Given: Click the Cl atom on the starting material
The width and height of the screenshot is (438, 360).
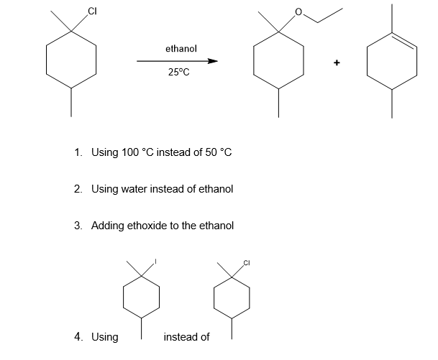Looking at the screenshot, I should tap(91, 10).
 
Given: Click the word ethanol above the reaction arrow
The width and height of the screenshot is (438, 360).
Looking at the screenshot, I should tap(181, 49).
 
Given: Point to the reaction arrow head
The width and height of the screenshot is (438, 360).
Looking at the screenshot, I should tap(212, 61).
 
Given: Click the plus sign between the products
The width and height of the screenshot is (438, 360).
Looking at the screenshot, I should tap(336, 63).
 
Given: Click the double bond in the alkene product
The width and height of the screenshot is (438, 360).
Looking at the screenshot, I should tap(404, 42).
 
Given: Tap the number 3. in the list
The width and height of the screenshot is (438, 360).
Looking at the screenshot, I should tap(78, 226).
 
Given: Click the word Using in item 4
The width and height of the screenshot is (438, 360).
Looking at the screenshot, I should tap(105, 336).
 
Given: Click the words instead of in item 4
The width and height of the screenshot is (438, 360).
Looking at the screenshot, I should tap(187, 336).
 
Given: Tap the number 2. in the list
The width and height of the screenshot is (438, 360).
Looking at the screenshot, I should tap(78, 189).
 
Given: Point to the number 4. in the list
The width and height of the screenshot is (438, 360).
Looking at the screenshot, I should tap(78, 336).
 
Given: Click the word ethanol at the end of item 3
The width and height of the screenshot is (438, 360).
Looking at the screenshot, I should tap(216, 226).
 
